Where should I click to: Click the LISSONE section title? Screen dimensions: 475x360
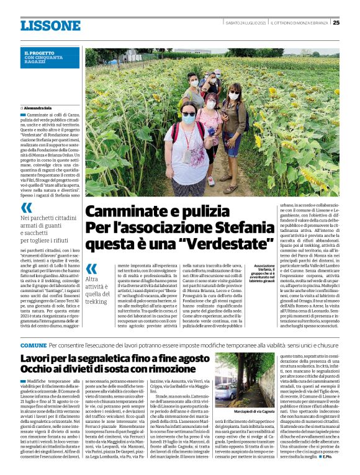pos(50,26)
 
